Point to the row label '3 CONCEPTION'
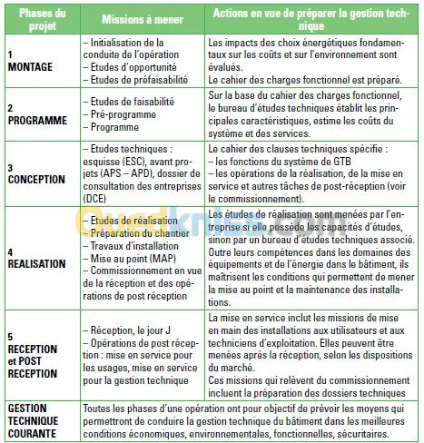click(35, 172)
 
